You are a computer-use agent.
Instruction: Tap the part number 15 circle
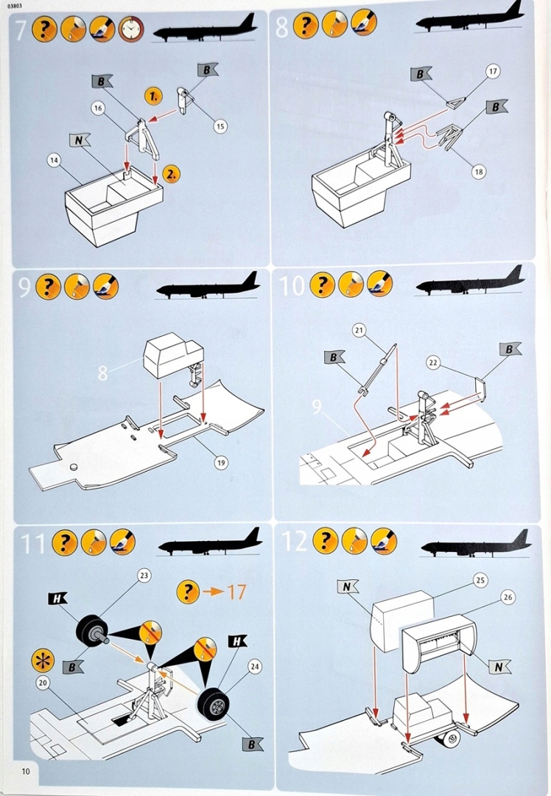pyautogui.click(x=220, y=126)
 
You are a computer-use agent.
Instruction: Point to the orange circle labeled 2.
pyautogui.click(x=171, y=175)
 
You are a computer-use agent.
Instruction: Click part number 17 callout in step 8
pyautogui.click(x=493, y=71)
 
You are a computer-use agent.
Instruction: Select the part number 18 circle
pyautogui.click(x=479, y=172)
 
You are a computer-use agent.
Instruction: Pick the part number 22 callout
pyautogui.click(x=432, y=362)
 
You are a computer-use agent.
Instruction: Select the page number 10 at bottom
pyautogui.click(x=26, y=772)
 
